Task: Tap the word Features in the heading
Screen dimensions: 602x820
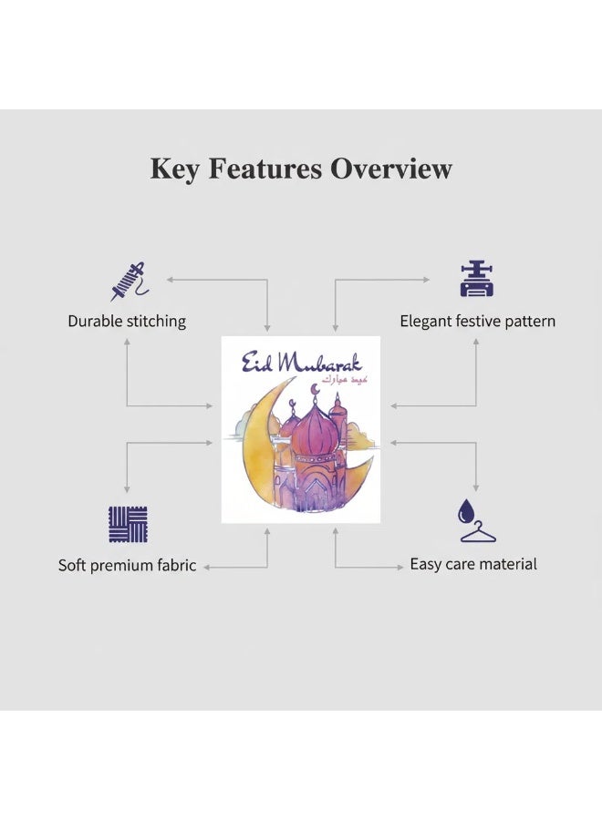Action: tap(265, 169)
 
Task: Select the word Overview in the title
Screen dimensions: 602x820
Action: tap(390, 169)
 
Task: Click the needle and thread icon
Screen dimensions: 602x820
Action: tap(130, 282)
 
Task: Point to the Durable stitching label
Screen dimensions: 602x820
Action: tap(127, 321)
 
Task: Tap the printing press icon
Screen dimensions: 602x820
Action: tap(476, 279)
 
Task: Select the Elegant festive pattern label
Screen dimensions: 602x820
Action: tap(477, 321)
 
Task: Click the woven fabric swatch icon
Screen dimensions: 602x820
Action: tap(129, 524)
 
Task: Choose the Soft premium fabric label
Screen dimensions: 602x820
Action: tap(127, 565)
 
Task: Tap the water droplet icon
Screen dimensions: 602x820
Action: tap(465, 511)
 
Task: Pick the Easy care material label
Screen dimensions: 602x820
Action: tap(473, 564)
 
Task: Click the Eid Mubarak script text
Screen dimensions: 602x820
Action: tap(302, 363)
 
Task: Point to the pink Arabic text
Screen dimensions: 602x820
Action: tap(345, 379)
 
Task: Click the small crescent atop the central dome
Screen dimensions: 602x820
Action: tap(315, 390)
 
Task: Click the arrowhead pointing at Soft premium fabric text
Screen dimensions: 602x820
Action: tap(207, 568)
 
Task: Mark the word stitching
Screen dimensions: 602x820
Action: tap(158, 321)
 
